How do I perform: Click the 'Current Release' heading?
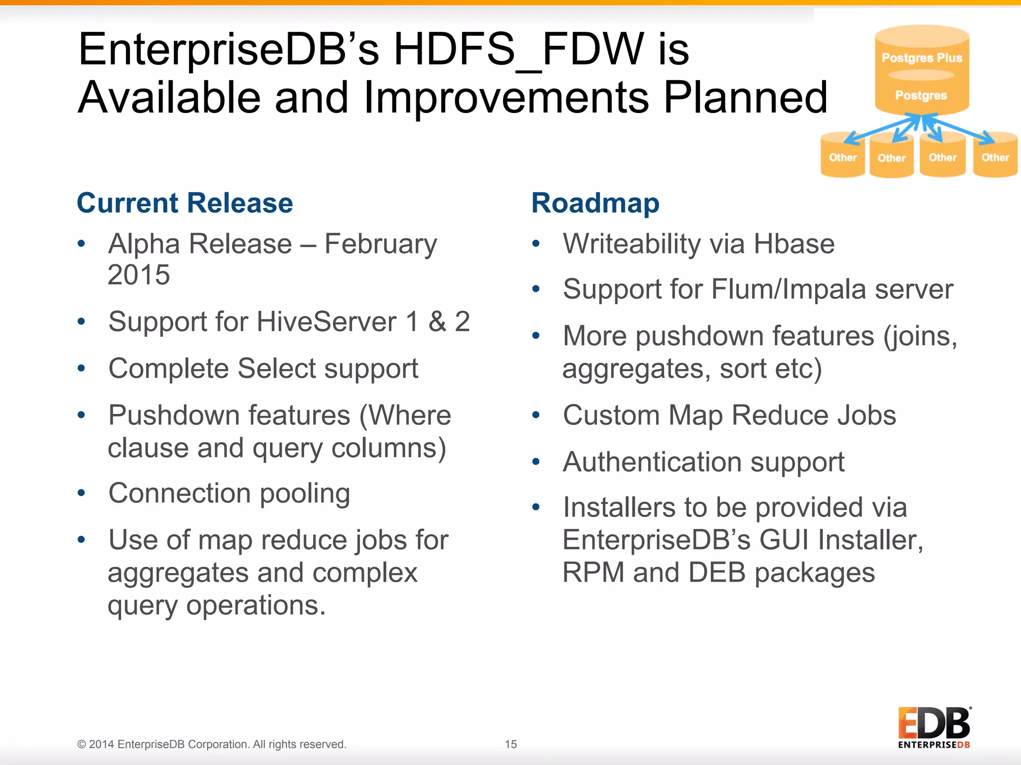[184, 203]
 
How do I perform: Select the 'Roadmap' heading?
[595, 203]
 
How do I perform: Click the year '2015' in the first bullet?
[139, 275]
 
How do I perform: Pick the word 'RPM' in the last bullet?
[593, 573]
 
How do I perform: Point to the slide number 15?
[510, 744]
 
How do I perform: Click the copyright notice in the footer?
[211, 744]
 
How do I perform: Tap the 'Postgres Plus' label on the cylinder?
[922, 58]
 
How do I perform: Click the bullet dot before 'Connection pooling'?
[82, 493]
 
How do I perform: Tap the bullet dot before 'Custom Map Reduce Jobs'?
[536, 415]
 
